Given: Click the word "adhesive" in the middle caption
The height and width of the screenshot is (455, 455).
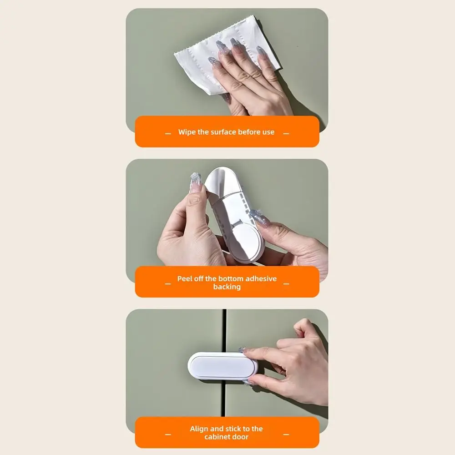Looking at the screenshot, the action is [x=261, y=278].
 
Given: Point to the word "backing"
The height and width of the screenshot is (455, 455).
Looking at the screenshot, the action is [x=227, y=287].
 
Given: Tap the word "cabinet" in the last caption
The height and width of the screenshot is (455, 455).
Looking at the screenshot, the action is [x=217, y=437].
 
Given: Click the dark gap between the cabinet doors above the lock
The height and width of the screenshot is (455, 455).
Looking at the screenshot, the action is [x=224, y=330].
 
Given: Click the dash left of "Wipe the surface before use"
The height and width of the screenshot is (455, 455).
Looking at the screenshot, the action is [x=168, y=134].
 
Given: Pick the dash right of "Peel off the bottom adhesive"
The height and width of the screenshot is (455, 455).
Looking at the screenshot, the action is [x=286, y=284].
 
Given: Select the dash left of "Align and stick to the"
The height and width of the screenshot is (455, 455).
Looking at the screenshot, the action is [x=168, y=435].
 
